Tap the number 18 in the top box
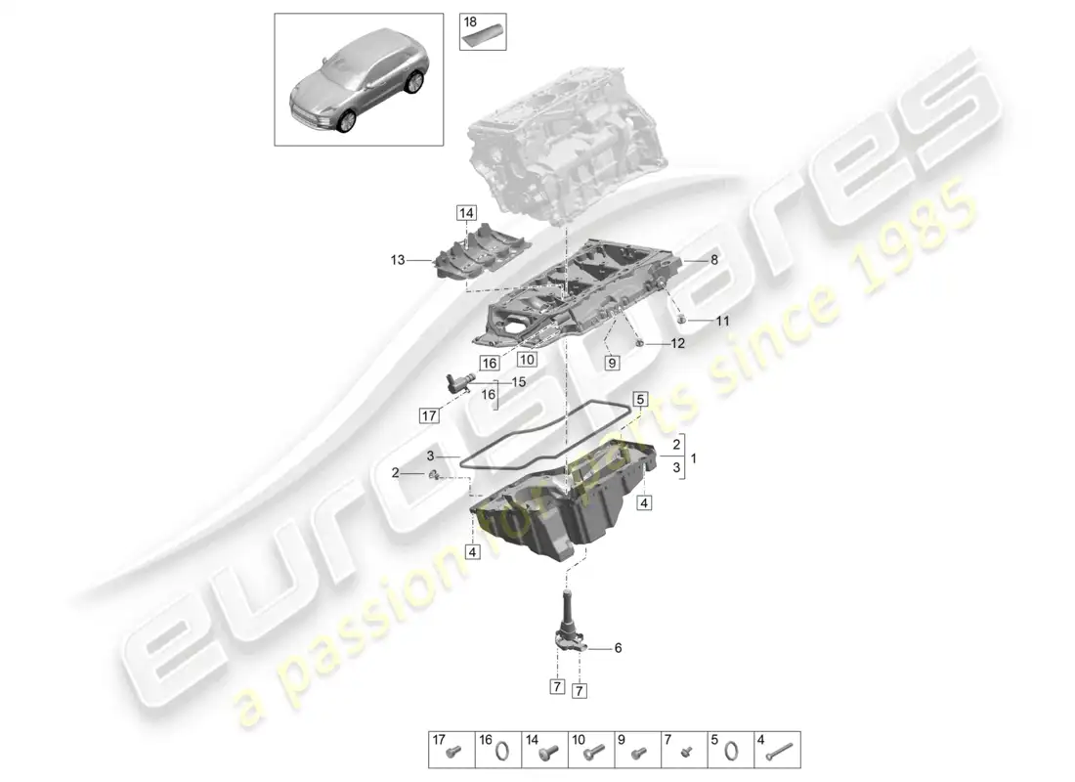click(470, 21)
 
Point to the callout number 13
click(398, 260)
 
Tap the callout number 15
click(518, 382)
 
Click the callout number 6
click(618, 647)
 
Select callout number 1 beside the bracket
click(694, 457)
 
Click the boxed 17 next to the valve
click(428, 415)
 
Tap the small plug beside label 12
click(638, 343)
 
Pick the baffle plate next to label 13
click(479, 257)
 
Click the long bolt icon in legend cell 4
click(779, 753)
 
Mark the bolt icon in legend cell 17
click(451, 753)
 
